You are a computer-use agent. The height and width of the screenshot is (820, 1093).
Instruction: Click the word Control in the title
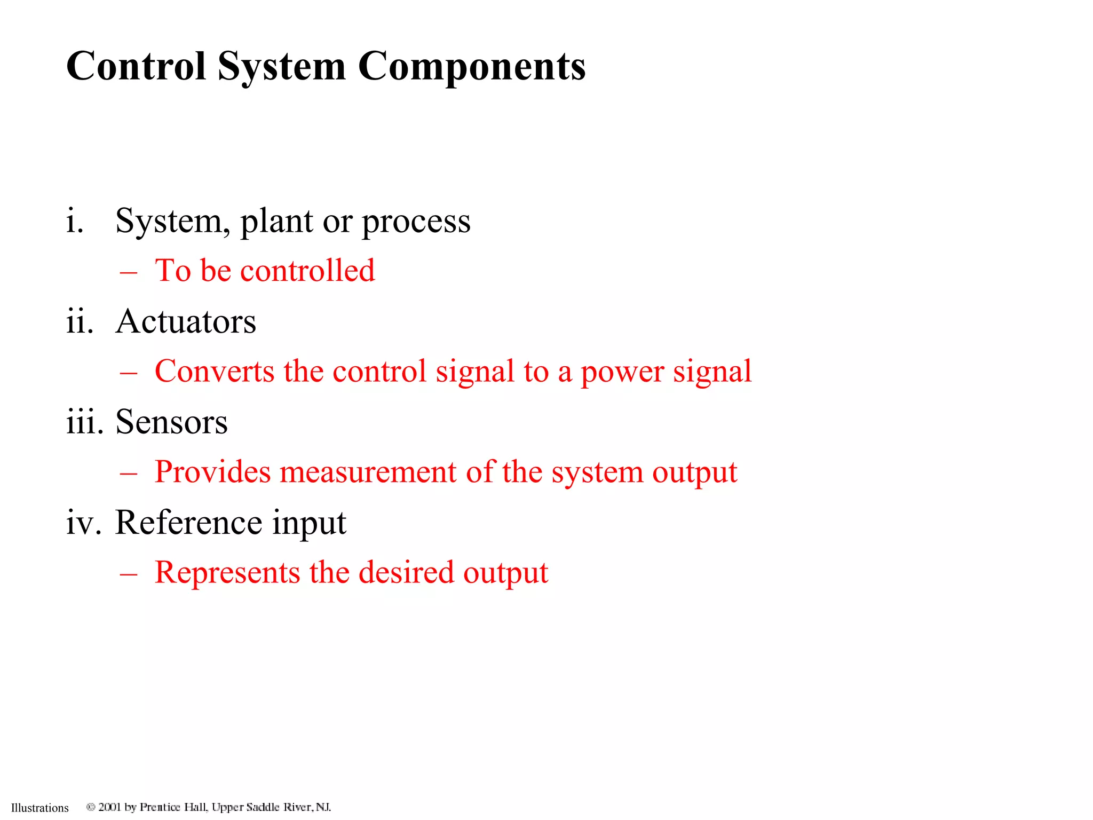(136, 66)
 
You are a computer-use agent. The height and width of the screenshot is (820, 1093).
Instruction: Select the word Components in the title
(472, 67)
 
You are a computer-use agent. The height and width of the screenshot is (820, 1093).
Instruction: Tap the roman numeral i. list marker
(75, 221)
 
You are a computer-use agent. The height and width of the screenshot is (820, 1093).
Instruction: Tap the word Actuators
(186, 322)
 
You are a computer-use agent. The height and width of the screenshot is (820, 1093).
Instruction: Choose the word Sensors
(171, 422)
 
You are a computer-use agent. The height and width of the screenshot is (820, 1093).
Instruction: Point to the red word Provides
(212, 472)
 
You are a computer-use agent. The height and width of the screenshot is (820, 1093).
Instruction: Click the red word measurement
(368, 472)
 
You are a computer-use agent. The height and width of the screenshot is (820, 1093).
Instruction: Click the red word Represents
(227, 573)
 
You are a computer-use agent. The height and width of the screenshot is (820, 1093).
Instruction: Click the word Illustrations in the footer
(40, 808)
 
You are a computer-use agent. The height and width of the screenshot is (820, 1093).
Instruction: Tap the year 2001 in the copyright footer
(110, 807)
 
